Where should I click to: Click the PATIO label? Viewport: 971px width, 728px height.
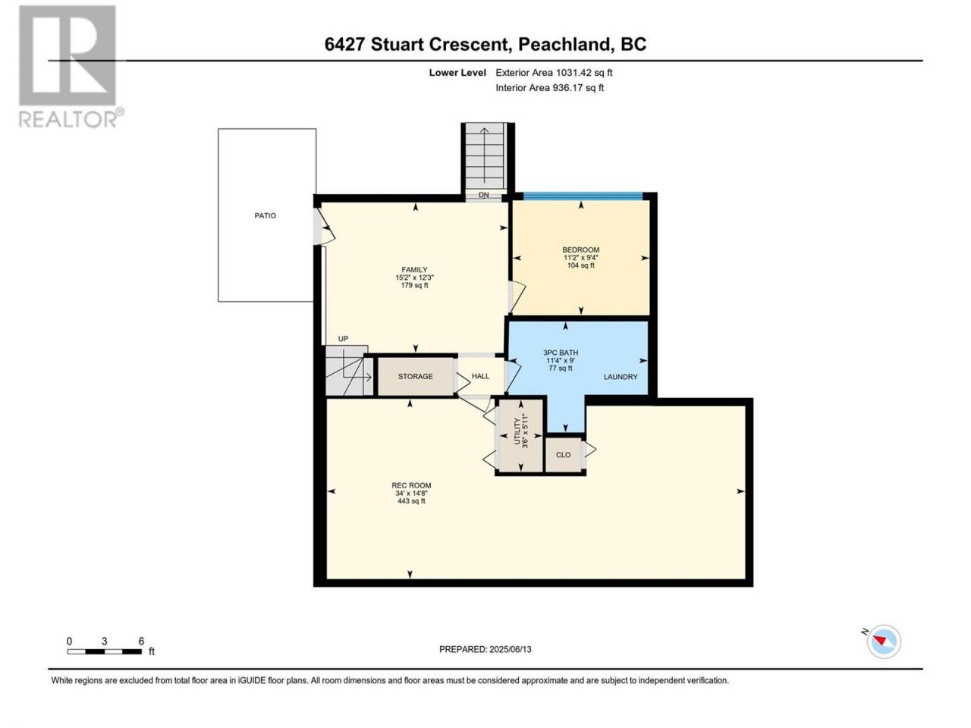click(x=265, y=215)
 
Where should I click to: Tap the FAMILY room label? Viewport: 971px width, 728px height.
click(x=414, y=270)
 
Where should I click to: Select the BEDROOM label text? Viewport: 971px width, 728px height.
click(x=581, y=249)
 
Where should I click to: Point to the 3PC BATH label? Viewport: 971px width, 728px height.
click(x=561, y=353)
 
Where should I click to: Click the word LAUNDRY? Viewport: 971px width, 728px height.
click(x=621, y=377)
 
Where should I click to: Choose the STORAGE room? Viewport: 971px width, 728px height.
click(x=416, y=377)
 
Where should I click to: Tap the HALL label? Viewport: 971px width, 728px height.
click(x=480, y=377)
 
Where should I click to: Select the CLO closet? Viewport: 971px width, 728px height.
click(x=563, y=455)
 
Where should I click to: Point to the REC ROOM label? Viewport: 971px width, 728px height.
click(x=411, y=485)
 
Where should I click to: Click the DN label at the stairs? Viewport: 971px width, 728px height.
click(x=483, y=195)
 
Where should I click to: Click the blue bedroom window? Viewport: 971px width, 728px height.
click(x=583, y=196)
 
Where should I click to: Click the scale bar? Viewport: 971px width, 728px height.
click(x=105, y=651)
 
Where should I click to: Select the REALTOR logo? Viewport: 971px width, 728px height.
click(x=71, y=67)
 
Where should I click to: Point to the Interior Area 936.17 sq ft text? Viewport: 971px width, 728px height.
click(x=549, y=88)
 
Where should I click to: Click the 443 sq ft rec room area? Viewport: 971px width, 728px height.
click(x=411, y=501)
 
